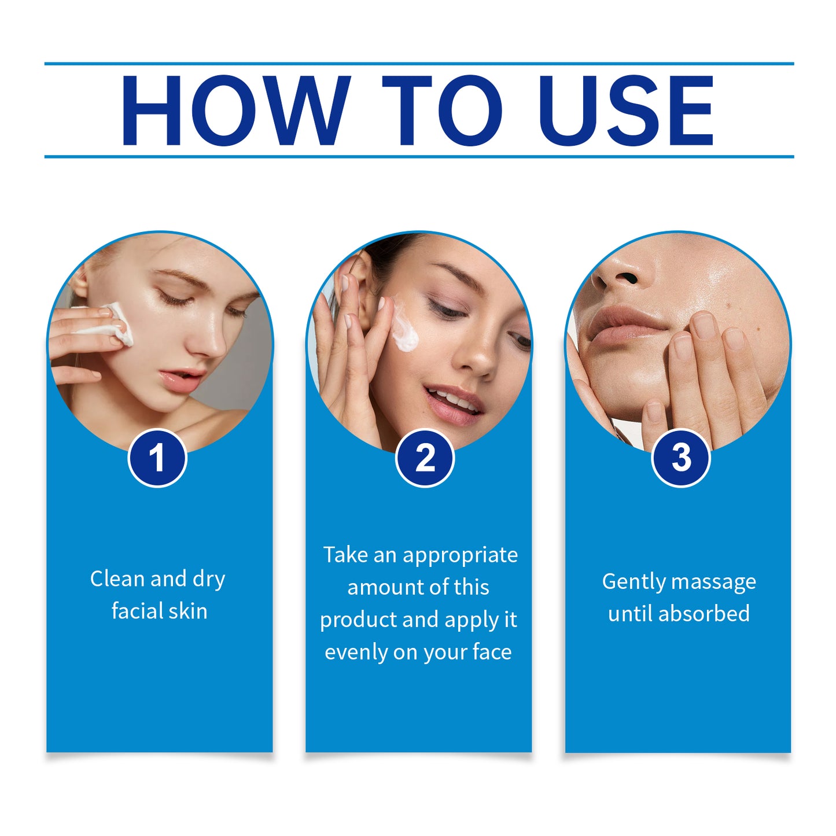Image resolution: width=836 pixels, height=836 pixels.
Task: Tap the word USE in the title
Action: coord(626,110)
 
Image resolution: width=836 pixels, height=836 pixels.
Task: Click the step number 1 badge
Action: coord(157,458)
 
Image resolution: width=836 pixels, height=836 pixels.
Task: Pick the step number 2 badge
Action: coord(425,458)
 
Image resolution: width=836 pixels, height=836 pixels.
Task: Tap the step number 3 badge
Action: coord(681,458)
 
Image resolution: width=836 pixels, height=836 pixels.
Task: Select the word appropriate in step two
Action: coord(460,555)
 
